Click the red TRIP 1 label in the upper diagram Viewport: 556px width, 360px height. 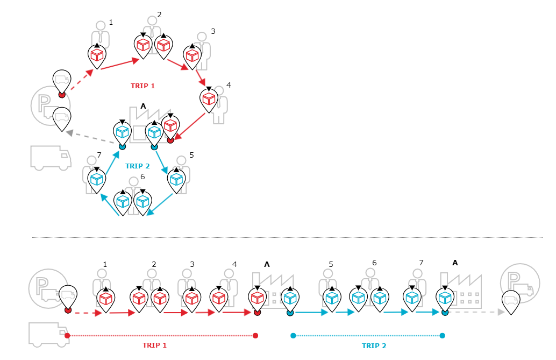tap(142, 86)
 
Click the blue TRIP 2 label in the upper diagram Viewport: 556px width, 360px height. tap(137, 166)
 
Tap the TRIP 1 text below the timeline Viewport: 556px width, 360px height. tap(154, 345)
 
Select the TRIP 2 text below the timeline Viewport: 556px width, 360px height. tap(374, 346)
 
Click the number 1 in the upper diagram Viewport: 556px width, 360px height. tap(111, 22)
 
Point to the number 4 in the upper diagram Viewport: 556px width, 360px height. tap(229, 85)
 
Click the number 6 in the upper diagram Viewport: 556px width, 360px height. tap(142, 176)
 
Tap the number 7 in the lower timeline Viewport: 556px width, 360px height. tap(421, 262)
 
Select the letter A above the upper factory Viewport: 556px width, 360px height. tap(143, 106)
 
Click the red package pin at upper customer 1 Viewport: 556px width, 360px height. tap(97, 55)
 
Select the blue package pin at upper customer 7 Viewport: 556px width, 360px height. tap(97, 179)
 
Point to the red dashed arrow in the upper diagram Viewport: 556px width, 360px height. tap(79, 82)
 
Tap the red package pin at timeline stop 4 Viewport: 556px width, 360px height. tap(218, 298)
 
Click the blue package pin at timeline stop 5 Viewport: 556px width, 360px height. tap(332, 298)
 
